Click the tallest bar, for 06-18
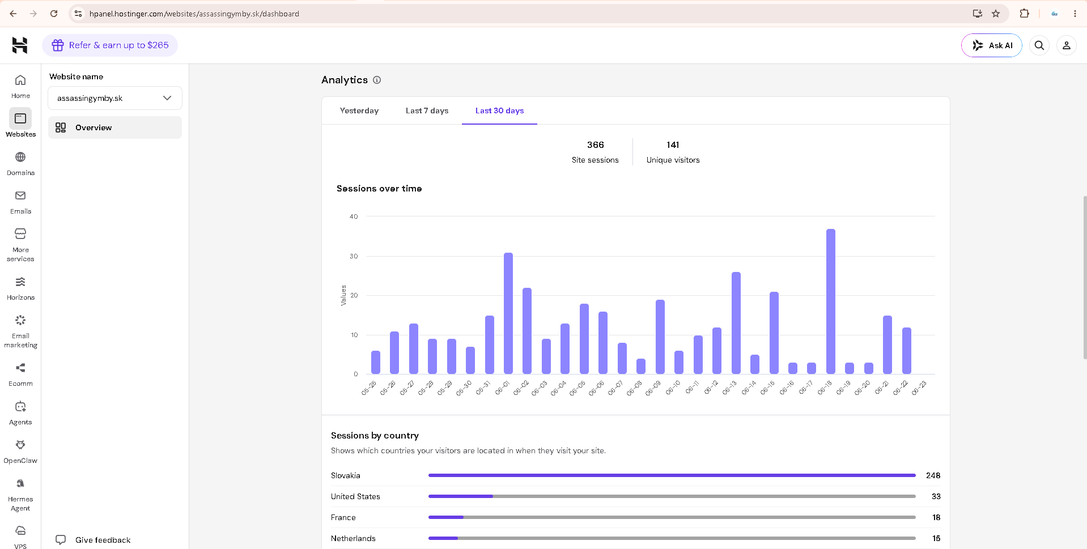[x=830, y=301]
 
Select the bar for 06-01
[x=508, y=313]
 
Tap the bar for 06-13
[x=736, y=323]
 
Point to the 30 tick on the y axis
[x=354, y=256]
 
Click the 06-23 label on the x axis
[x=919, y=388]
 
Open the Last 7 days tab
[x=427, y=110]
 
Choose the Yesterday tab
[x=359, y=110]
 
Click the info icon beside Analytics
[x=377, y=80]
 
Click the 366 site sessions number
[x=595, y=145]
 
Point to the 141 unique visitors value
[x=673, y=145]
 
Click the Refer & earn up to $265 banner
[x=110, y=45]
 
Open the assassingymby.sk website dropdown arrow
[x=167, y=98]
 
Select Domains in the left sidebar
[x=20, y=164]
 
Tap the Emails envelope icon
[x=20, y=195]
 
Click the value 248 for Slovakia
[x=933, y=475]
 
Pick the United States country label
[x=355, y=496]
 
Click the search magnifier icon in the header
[x=1039, y=45]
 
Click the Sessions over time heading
[x=379, y=189]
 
